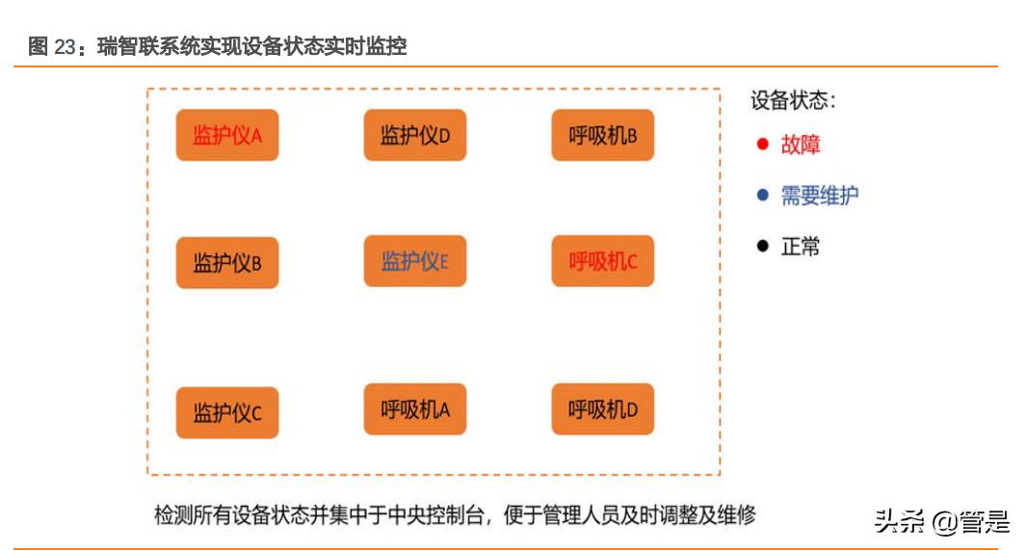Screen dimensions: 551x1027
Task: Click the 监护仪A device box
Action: (227, 136)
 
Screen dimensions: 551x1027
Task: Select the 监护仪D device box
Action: (415, 136)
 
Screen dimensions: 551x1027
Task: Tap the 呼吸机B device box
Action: (603, 136)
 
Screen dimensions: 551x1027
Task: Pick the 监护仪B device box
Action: (227, 263)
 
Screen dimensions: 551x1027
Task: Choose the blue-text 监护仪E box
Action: (415, 261)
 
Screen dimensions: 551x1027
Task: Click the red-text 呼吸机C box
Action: (603, 261)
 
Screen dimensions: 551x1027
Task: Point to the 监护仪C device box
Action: (227, 414)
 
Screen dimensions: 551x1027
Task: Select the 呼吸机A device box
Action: (415, 409)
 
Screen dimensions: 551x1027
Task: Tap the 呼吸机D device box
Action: (603, 409)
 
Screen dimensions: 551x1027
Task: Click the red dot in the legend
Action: (762, 144)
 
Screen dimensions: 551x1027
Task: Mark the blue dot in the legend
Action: (762, 196)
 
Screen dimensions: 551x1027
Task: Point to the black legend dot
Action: (762, 246)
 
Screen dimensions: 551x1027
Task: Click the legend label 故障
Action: (801, 144)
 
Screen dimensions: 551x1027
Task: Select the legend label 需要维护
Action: (819, 196)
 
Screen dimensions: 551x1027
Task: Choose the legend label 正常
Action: (801, 246)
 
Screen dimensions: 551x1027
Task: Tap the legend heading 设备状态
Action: (793, 100)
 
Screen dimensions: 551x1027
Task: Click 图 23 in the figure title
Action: (51, 46)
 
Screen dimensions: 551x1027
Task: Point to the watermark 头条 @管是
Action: (941, 522)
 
